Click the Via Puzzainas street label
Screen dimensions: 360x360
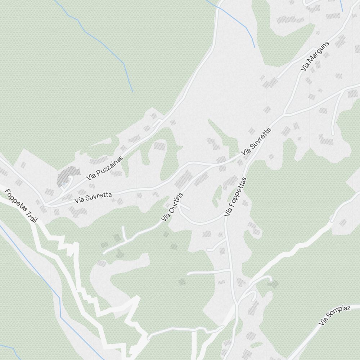(104, 168)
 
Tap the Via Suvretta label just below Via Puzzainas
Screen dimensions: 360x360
(93, 197)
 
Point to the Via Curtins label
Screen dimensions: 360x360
(172, 207)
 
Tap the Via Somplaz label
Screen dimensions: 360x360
(334, 316)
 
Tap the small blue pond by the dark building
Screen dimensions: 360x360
(64, 184)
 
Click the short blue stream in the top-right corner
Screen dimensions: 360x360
(341, 5)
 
